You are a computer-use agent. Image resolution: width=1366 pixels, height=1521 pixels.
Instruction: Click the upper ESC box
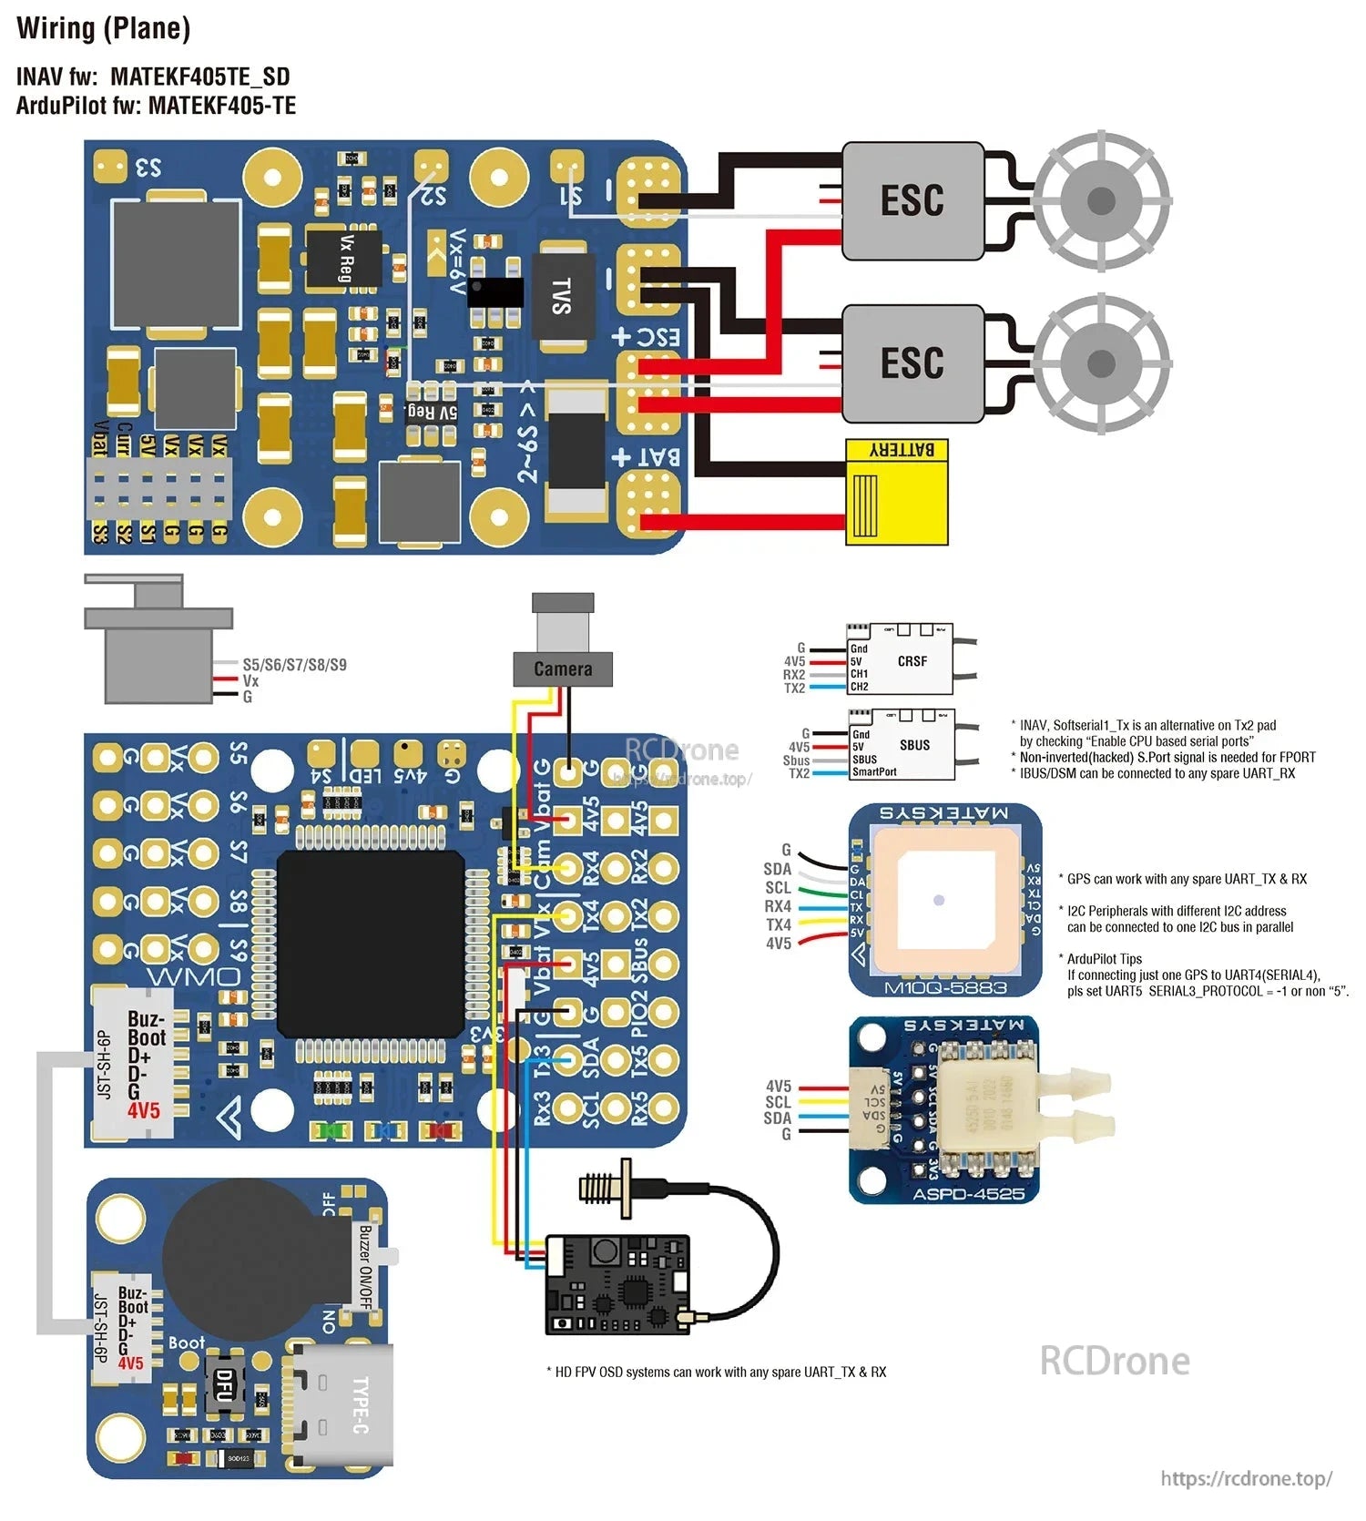click(912, 200)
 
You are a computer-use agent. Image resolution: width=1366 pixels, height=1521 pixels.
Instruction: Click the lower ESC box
click(912, 362)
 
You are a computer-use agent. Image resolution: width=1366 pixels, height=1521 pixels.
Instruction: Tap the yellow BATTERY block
click(897, 493)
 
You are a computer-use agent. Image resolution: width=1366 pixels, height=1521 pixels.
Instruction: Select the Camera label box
click(562, 669)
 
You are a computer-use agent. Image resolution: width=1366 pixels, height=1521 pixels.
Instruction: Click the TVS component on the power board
click(562, 297)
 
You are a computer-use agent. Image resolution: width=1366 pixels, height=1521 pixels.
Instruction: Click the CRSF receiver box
click(912, 661)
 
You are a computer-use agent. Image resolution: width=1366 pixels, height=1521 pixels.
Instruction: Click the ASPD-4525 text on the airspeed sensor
click(968, 1194)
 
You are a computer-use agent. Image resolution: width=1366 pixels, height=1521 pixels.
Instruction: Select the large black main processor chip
click(371, 944)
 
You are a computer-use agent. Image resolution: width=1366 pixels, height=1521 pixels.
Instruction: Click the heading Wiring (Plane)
click(104, 29)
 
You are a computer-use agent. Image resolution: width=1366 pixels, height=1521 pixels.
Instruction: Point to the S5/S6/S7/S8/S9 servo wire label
click(294, 665)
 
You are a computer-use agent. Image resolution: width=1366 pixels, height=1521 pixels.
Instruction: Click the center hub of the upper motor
click(1101, 200)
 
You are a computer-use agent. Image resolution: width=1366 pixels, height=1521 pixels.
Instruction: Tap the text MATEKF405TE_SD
click(200, 77)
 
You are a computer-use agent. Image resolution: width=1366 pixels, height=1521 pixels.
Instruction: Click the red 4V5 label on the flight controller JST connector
click(144, 1110)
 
